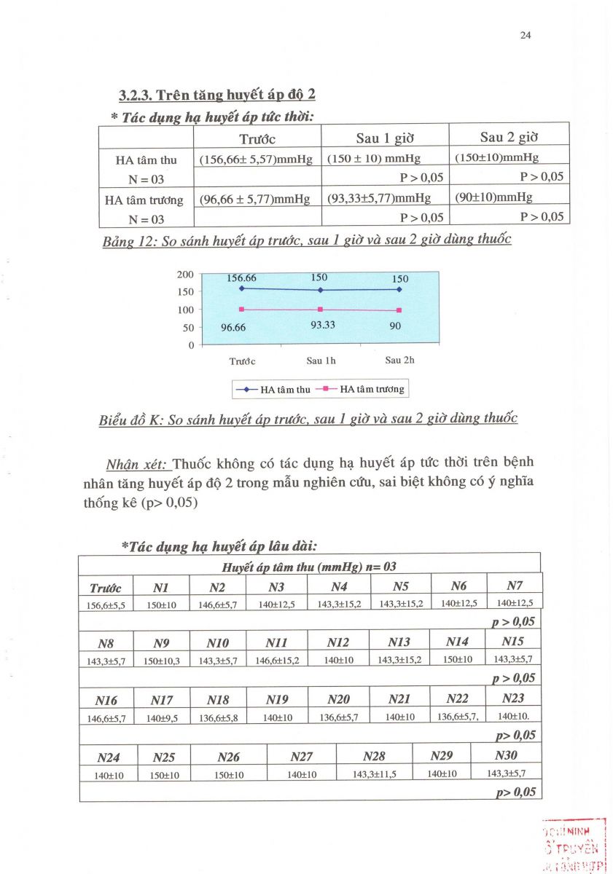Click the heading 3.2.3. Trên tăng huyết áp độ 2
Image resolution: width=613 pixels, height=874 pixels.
217,95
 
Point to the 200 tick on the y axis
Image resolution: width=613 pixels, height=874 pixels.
185,275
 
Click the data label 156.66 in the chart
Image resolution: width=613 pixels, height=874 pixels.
241,278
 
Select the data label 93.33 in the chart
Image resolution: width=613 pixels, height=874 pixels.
323,325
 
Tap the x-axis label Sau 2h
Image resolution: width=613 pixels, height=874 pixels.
400,360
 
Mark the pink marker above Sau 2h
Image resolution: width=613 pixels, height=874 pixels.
399,311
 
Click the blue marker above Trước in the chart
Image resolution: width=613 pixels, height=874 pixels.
241,288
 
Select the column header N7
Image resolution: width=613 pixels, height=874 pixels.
515,586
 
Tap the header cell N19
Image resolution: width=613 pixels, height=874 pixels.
277,700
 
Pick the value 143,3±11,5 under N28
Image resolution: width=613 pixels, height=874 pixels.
374,774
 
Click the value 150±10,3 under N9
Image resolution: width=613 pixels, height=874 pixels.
162,660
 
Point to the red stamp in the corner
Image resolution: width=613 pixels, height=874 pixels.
573,845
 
